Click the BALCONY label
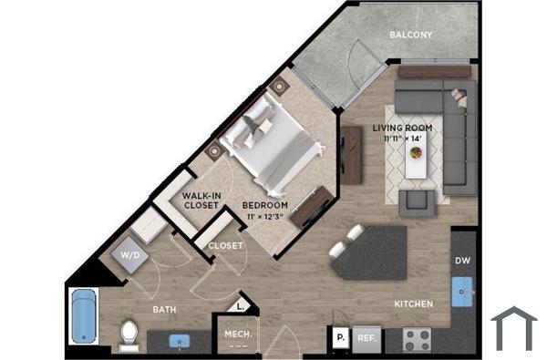pyautogui.click(x=410, y=36)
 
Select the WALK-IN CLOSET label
pyautogui.click(x=200, y=201)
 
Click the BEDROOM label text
pyautogui.click(x=265, y=205)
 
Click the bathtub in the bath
pyautogui.click(x=83, y=319)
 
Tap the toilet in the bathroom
pyautogui.click(x=129, y=334)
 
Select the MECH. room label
pyautogui.click(x=238, y=334)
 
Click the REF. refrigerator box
pyautogui.click(x=366, y=337)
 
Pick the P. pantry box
pyautogui.click(x=339, y=337)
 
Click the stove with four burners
pyautogui.click(x=418, y=339)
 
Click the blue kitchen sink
pyautogui.click(x=464, y=294)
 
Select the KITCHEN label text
pyautogui.click(x=413, y=303)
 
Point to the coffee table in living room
pyautogui.click(x=417, y=161)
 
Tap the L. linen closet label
pyautogui.click(x=242, y=307)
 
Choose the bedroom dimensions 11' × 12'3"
pyautogui.click(x=264, y=218)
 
